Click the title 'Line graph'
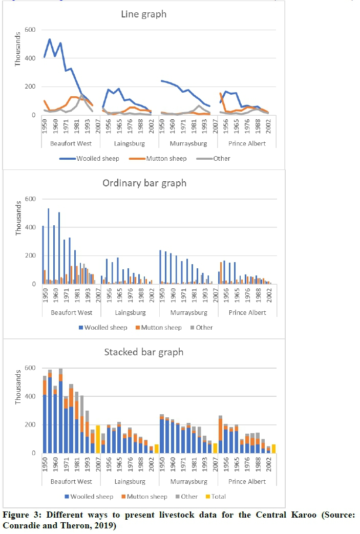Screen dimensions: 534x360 pyautogui.click(x=143, y=14)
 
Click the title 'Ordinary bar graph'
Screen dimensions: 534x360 pyautogui.click(x=144, y=183)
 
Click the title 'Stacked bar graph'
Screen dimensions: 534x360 pyautogui.click(x=144, y=352)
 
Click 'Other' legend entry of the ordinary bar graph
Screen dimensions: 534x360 pyautogui.click(x=203, y=327)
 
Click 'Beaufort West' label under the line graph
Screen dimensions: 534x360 pyautogui.click(x=71, y=143)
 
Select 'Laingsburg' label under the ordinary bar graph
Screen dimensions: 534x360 pyautogui.click(x=130, y=312)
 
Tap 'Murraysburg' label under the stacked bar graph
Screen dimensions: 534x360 pyautogui.click(x=189, y=482)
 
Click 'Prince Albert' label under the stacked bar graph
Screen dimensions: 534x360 pyautogui.click(x=247, y=482)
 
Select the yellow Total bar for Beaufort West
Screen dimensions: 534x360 pyautogui.click(x=98, y=439)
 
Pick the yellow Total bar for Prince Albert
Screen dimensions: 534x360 pyautogui.click(x=274, y=448)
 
